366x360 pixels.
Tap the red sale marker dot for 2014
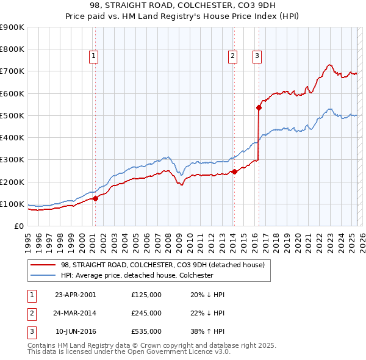pos(234,172)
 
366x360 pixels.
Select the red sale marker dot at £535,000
pos(259,107)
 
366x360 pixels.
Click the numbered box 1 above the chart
pos(94,56)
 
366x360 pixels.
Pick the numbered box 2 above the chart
pos(232,56)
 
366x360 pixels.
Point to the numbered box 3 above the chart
pos(257,56)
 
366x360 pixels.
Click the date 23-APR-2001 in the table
pos(76,294)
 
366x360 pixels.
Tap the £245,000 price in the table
pos(146,313)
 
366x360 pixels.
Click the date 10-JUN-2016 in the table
pos(76,332)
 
